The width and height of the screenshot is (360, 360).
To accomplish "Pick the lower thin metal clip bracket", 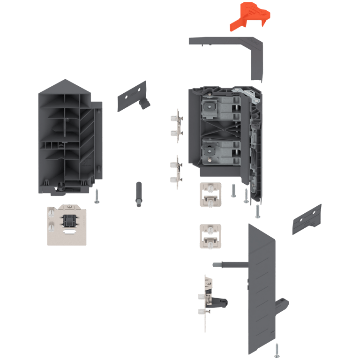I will click(177, 172).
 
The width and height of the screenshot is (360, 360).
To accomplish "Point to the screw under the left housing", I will click(97, 195).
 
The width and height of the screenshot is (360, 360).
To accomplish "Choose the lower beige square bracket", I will click(210, 236).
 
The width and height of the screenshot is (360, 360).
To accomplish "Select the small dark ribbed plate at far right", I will click(307, 219).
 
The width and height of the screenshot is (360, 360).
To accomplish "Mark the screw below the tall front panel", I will click(277, 349).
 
